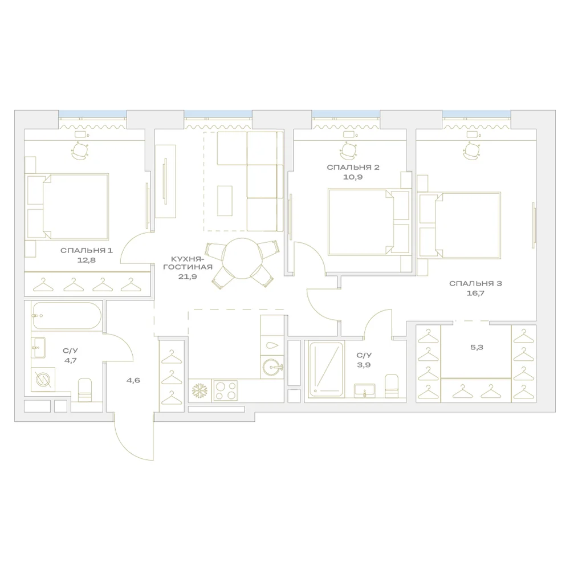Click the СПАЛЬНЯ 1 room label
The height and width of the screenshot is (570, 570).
87,250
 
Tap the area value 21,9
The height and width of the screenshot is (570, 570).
188,276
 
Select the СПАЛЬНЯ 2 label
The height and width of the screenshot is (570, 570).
353,167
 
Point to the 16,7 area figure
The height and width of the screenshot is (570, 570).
475,293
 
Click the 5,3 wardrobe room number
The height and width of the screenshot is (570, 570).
477,347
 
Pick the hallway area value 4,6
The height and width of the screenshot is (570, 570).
133,380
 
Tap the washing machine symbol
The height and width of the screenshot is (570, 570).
43,380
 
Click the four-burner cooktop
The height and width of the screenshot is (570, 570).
225,390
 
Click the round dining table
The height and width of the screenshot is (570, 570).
242,258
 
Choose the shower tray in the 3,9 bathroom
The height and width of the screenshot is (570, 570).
325,369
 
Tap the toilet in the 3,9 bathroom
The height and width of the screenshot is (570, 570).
392,385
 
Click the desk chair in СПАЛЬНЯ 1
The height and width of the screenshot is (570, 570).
80,151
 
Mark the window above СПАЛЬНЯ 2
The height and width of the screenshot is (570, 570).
346,114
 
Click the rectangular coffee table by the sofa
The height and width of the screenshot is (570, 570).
225,201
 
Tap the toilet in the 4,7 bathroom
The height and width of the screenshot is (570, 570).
85,390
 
